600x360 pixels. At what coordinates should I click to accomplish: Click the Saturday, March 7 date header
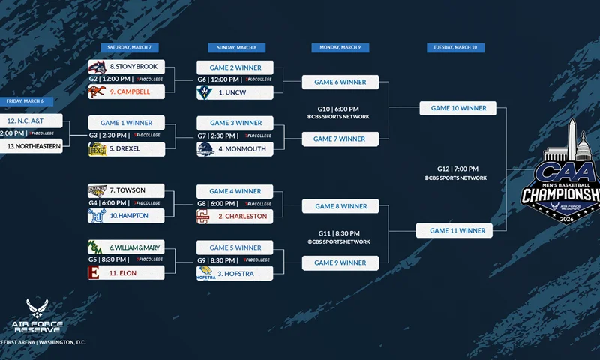click(129, 47)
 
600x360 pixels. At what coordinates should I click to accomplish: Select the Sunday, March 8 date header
click(235, 47)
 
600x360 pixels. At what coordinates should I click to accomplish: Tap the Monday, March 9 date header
click(340, 47)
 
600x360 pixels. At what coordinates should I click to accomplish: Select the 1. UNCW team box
click(235, 92)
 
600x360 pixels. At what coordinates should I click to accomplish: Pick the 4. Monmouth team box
click(235, 148)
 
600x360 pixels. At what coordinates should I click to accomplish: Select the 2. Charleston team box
click(235, 216)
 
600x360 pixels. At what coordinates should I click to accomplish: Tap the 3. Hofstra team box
click(235, 274)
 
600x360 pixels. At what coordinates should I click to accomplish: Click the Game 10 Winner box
click(458, 108)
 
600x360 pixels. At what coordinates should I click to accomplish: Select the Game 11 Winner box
click(454, 230)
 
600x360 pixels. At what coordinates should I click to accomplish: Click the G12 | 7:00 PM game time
click(457, 169)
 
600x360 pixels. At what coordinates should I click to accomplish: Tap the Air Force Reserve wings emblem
click(37, 307)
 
